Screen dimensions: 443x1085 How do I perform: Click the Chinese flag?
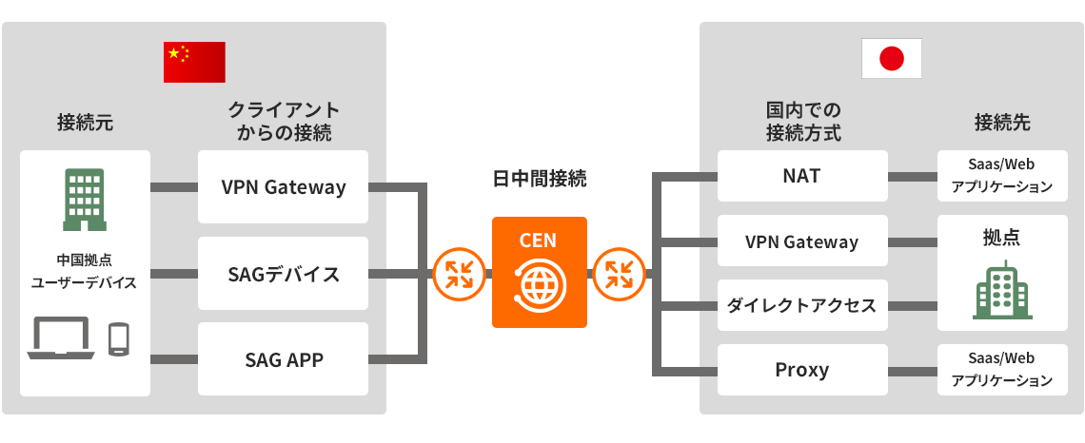click(x=194, y=63)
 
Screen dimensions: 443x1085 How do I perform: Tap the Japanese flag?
click(x=891, y=58)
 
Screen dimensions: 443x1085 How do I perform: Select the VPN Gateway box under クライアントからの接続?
click(x=283, y=187)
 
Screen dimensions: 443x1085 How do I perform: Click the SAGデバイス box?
click(x=283, y=275)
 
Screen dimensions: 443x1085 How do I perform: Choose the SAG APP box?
click(x=283, y=359)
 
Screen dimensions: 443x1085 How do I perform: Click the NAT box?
click(x=801, y=176)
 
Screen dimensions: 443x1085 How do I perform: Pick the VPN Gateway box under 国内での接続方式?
click(x=801, y=241)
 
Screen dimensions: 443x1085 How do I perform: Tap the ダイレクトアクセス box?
click(x=801, y=305)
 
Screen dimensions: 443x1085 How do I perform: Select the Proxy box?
click(x=801, y=370)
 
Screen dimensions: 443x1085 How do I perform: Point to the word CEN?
click(x=538, y=241)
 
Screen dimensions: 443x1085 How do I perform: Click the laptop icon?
click(x=61, y=337)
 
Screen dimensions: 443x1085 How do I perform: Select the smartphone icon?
click(x=119, y=338)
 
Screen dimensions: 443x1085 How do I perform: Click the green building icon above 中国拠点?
click(x=85, y=200)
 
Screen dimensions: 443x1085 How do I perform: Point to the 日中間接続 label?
click(x=539, y=179)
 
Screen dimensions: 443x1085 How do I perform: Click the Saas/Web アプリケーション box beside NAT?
click(x=1002, y=176)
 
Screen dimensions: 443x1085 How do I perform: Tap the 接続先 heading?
click(x=1002, y=123)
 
